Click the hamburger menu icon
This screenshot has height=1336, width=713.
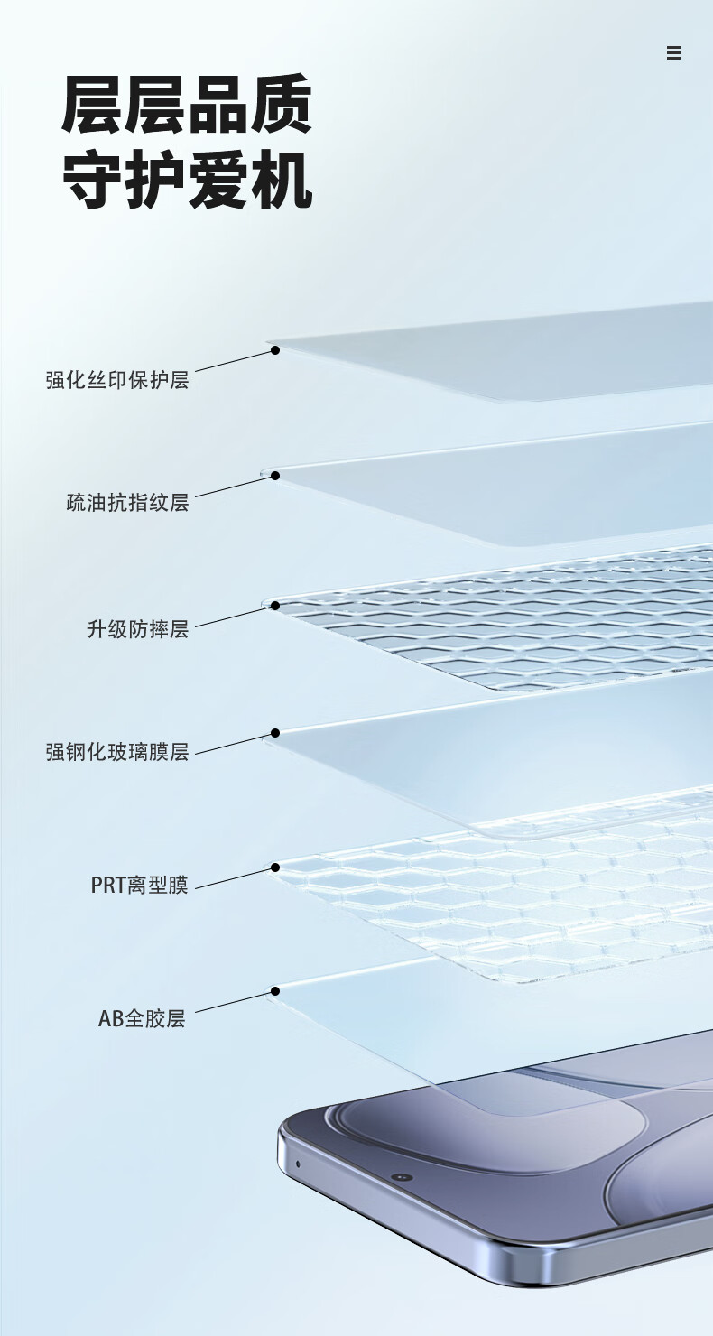[x=673, y=53]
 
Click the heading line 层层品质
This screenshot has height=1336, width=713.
[x=187, y=107]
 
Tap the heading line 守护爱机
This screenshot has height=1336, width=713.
[x=187, y=181]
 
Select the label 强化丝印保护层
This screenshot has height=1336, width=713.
[x=117, y=379]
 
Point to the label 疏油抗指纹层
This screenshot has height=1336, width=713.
[x=127, y=503]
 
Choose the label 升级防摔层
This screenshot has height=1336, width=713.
[x=137, y=629]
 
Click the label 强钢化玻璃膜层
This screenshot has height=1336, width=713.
[x=117, y=752]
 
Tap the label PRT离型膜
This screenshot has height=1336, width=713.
[x=139, y=885]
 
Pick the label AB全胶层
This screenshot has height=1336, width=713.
[x=142, y=1019]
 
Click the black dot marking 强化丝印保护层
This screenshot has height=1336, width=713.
[x=275, y=349]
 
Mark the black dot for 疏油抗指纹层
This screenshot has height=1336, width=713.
[x=275, y=476]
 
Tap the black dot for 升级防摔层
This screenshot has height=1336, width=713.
[x=275, y=607]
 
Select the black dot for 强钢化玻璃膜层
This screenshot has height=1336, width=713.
[x=275, y=733]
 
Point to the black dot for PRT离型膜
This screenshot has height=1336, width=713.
[x=275, y=868]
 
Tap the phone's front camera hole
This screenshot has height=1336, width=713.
[x=402, y=1177]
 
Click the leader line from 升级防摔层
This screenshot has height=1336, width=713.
[x=233, y=617]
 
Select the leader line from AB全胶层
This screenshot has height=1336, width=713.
[x=233, y=1003]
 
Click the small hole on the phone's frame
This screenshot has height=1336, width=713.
[x=298, y=1164]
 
